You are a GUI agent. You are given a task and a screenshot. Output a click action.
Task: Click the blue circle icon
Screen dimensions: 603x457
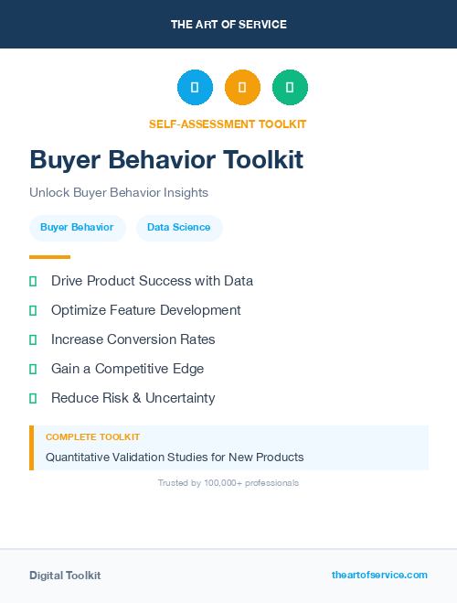pyautogui.click(x=195, y=88)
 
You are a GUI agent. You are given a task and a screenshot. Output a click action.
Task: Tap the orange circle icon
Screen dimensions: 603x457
pyautogui.click(x=242, y=88)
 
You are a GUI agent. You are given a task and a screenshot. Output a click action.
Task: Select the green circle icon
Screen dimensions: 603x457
pyautogui.click(x=290, y=88)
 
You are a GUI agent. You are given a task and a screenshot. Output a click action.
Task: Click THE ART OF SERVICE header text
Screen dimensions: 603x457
pyautogui.click(x=228, y=25)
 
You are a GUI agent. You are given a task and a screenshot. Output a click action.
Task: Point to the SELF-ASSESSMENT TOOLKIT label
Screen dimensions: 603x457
pyautogui.click(x=228, y=124)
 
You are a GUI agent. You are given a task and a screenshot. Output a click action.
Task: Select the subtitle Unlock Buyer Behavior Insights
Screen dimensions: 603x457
pyautogui.click(x=119, y=193)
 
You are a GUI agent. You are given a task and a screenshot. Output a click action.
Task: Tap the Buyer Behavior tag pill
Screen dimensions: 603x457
pyautogui.click(x=77, y=228)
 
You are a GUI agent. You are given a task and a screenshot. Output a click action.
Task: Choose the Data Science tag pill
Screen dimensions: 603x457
pyautogui.click(x=178, y=228)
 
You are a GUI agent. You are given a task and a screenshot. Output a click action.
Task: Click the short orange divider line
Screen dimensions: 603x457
pyautogui.click(x=49, y=257)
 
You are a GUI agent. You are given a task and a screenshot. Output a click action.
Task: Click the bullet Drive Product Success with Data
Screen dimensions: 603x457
pyautogui.click(x=152, y=281)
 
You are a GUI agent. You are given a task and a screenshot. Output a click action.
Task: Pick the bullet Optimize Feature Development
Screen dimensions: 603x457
pyautogui.click(x=145, y=310)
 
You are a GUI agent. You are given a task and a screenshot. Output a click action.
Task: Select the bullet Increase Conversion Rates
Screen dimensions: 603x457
pyautogui.click(x=133, y=339)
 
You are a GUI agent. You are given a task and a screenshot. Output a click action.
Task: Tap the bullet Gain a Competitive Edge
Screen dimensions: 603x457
pyautogui.click(x=127, y=369)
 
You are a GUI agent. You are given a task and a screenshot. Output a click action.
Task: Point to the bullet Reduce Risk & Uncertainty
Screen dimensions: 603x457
pyautogui.click(x=133, y=398)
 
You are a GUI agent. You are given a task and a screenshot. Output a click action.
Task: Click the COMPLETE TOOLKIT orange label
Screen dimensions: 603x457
pyautogui.click(x=92, y=437)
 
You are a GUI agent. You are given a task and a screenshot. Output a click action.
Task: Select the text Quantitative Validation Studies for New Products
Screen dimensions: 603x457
pyautogui.click(x=175, y=457)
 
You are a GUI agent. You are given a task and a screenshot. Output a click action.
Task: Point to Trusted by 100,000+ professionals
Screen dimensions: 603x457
pyautogui.click(x=228, y=482)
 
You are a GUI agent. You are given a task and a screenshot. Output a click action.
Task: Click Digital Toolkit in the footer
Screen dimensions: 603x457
pyautogui.click(x=65, y=576)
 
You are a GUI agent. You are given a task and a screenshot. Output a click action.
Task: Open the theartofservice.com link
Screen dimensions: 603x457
pyautogui.click(x=379, y=575)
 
